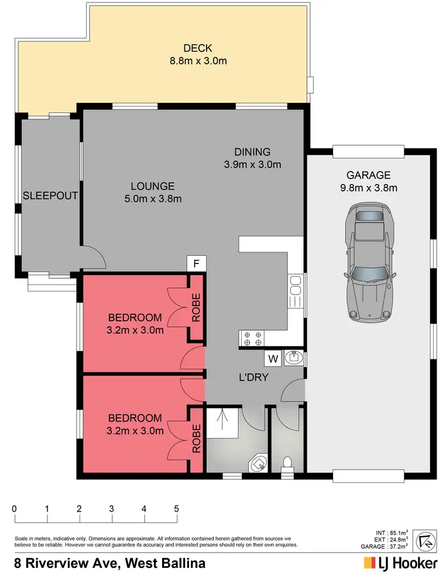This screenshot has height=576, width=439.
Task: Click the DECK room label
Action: tap(197, 49)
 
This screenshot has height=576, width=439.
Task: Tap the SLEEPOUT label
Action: tap(50, 195)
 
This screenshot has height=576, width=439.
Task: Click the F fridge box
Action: tap(197, 264)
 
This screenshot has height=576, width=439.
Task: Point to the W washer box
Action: tap(273, 358)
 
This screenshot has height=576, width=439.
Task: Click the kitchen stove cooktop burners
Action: tap(252, 338)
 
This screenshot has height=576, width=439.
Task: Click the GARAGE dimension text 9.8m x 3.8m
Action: tap(368, 188)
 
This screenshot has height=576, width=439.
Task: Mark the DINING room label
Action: tap(253, 152)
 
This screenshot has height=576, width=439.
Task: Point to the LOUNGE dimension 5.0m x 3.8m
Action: tap(152, 199)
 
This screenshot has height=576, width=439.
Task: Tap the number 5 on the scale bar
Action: tap(176, 508)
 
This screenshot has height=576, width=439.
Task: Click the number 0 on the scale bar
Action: tap(14, 508)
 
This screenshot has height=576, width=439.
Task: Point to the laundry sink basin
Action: tap(293, 358)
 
